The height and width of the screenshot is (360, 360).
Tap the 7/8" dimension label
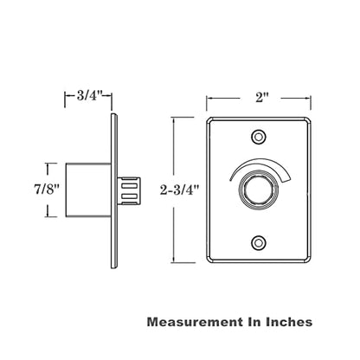click(47, 190)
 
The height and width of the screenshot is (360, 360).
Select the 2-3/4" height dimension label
click(180, 190)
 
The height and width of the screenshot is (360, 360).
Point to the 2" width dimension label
click(261, 98)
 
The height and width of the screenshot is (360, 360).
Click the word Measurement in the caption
click(195, 322)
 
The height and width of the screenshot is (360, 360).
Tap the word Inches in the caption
click(289, 322)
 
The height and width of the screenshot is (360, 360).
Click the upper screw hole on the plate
click(259, 136)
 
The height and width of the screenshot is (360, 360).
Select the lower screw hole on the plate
click(259, 243)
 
